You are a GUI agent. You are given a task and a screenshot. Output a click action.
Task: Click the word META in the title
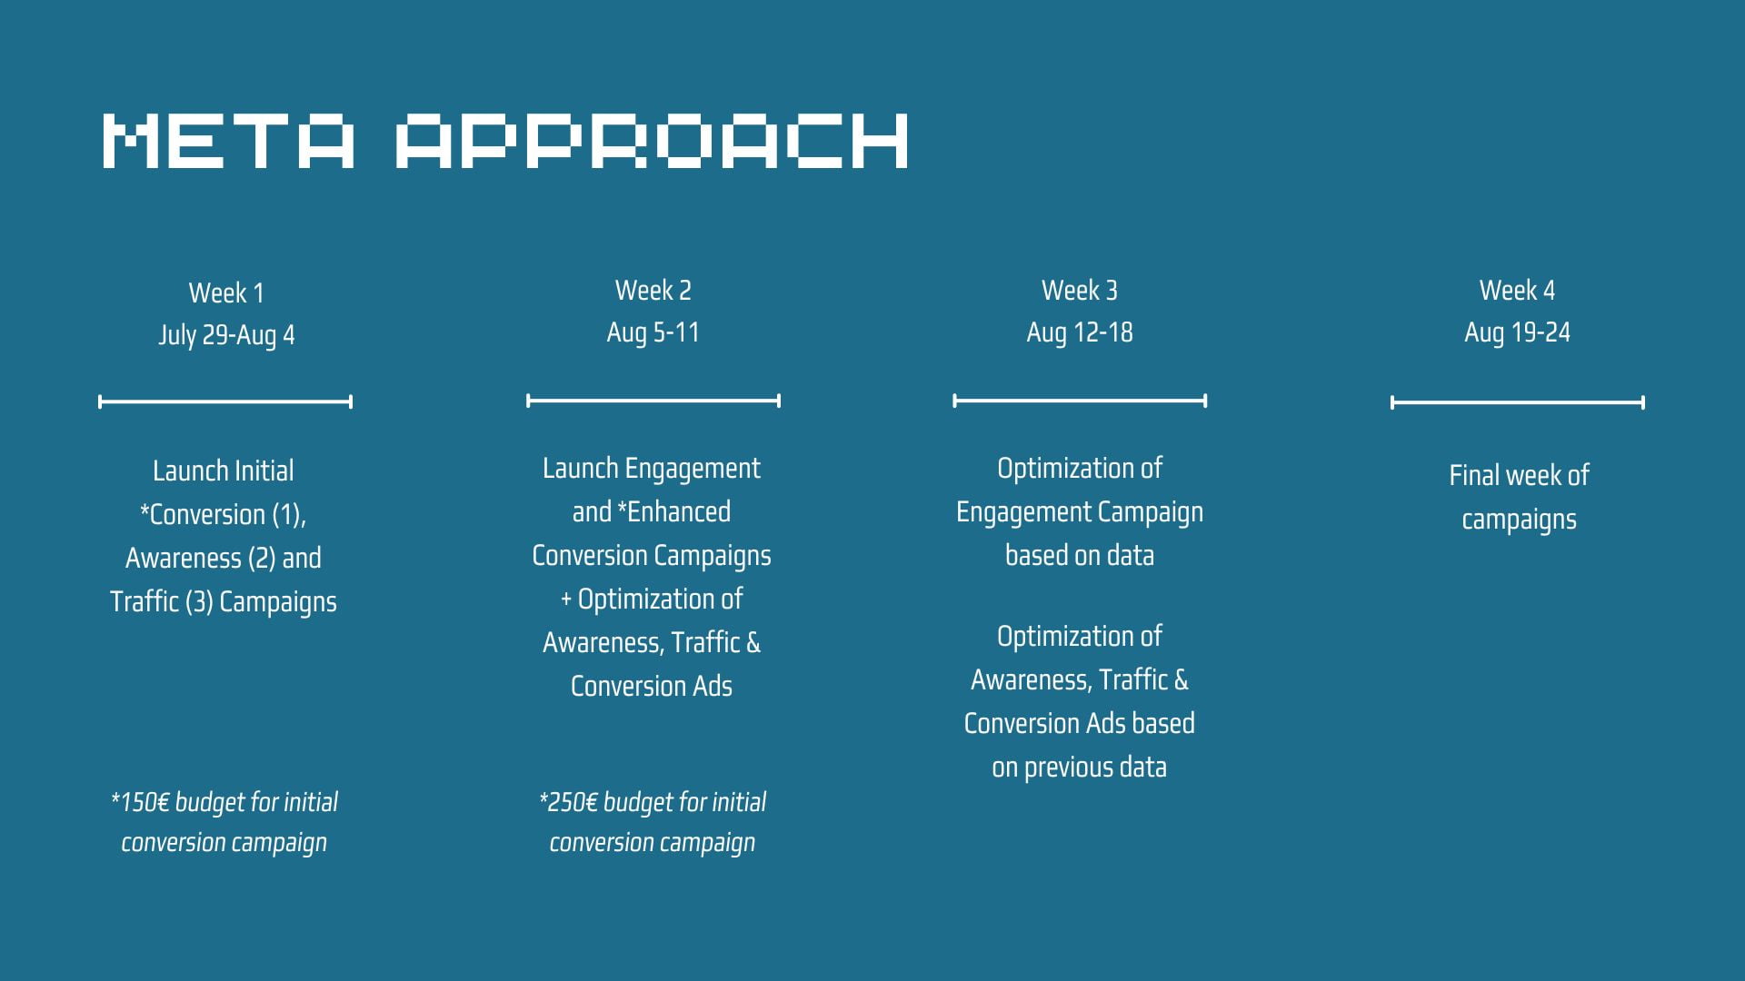(x=228, y=141)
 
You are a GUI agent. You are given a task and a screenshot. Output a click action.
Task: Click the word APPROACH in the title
(x=652, y=141)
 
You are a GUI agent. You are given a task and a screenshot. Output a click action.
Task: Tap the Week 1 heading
(x=226, y=292)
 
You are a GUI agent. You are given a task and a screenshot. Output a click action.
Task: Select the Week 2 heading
(x=653, y=290)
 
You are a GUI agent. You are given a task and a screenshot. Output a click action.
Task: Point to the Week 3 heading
(x=1080, y=290)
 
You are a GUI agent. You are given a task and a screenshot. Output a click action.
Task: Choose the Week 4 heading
(x=1517, y=290)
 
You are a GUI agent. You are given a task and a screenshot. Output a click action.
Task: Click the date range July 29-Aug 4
(x=226, y=335)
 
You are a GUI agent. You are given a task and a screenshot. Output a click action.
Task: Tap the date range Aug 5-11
(x=653, y=332)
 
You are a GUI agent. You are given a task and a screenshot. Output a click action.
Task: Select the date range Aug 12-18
(x=1080, y=332)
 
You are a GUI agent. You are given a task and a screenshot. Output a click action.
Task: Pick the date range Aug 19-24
(x=1517, y=332)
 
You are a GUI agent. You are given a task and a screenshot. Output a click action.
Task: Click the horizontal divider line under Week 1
(x=225, y=401)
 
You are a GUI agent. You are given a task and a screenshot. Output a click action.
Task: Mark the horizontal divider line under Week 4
(x=1518, y=402)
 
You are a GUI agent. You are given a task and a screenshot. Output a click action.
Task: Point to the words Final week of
(x=1519, y=475)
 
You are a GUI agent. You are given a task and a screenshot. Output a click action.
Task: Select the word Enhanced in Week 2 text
(x=679, y=511)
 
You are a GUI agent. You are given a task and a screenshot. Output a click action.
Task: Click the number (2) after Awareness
(x=262, y=558)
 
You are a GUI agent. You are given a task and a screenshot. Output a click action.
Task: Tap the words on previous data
(x=1079, y=768)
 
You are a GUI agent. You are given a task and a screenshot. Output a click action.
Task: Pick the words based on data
(x=1080, y=555)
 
